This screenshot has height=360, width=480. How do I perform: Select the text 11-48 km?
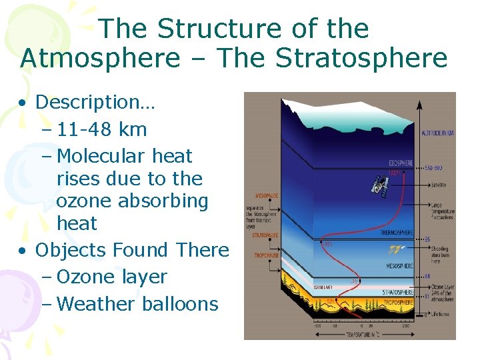pyautogui.click(x=102, y=129)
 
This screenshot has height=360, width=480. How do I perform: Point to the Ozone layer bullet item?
pyautogui.click(x=112, y=277)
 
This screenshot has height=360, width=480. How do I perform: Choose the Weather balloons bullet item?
pyautogui.click(x=138, y=304)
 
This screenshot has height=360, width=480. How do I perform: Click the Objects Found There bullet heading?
pyautogui.click(x=131, y=250)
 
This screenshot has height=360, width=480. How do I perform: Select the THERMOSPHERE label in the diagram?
pyautogui.click(x=396, y=233)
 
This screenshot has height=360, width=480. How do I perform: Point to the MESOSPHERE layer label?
pyautogui.click(x=399, y=265)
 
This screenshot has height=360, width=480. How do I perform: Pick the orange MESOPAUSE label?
pyautogui.click(x=267, y=196)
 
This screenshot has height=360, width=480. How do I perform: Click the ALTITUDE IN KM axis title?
pyautogui.click(x=437, y=133)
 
